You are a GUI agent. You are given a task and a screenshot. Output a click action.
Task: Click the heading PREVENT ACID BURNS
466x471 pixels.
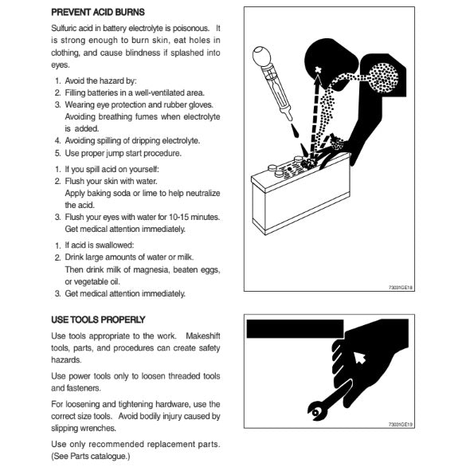point(98,12)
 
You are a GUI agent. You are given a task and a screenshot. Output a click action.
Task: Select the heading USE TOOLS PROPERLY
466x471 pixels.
point(98,320)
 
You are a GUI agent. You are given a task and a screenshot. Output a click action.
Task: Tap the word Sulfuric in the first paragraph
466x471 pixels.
point(63,28)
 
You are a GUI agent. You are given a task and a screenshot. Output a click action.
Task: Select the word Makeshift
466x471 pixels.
point(203,336)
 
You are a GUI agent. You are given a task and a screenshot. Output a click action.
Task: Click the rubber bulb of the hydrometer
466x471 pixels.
point(261,56)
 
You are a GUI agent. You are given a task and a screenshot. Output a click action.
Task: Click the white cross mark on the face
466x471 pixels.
point(318,69)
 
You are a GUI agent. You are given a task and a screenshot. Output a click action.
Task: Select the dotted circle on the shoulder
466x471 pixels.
point(383,78)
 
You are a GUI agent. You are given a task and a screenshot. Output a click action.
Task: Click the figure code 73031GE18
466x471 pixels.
point(401,288)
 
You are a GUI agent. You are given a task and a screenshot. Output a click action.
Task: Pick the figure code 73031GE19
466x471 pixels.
point(401,425)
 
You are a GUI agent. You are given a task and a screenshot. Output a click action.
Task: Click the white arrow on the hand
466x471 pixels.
point(359,358)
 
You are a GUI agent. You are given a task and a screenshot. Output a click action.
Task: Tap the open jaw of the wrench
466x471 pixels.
point(314,412)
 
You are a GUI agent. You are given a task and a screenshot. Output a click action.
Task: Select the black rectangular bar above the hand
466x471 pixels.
point(296,329)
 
